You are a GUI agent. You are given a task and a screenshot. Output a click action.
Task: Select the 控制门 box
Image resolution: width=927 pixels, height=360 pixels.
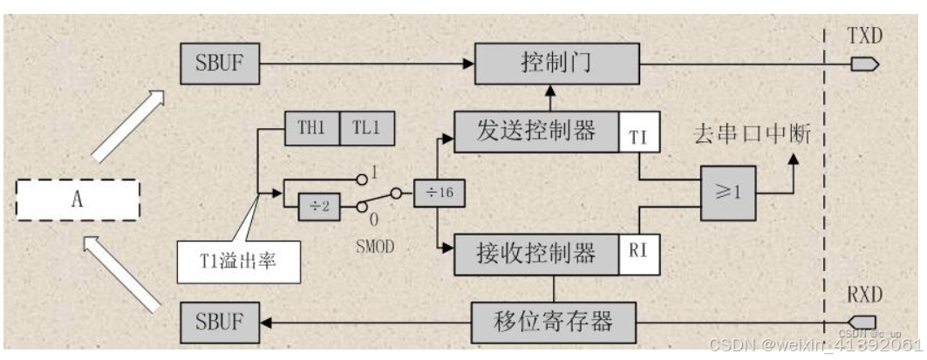click(556, 63)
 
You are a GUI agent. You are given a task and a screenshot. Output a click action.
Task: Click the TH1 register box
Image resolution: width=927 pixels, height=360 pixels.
click(311, 129)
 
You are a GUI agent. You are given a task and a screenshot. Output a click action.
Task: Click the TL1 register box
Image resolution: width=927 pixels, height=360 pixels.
click(366, 129)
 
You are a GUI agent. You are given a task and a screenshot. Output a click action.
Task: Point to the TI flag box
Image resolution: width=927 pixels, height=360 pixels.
click(639, 135)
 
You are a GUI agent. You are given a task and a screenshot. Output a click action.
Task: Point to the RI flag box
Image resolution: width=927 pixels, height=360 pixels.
click(639, 254)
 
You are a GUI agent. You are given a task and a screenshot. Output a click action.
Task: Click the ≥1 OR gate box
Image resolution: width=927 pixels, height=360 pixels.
click(726, 192)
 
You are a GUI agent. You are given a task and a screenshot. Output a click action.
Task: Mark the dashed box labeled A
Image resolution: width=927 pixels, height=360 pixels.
click(78, 200)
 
